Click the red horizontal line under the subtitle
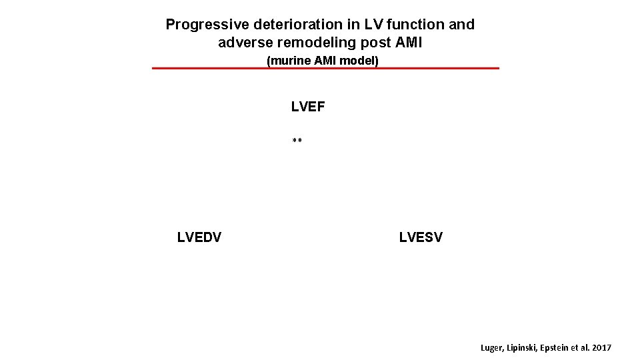click(x=325, y=68)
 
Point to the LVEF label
click(x=308, y=107)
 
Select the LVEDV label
click(x=199, y=237)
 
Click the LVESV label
click(x=421, y=237)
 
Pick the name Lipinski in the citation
click(x=524, y=348)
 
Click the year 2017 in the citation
click(x=601, y=348)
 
